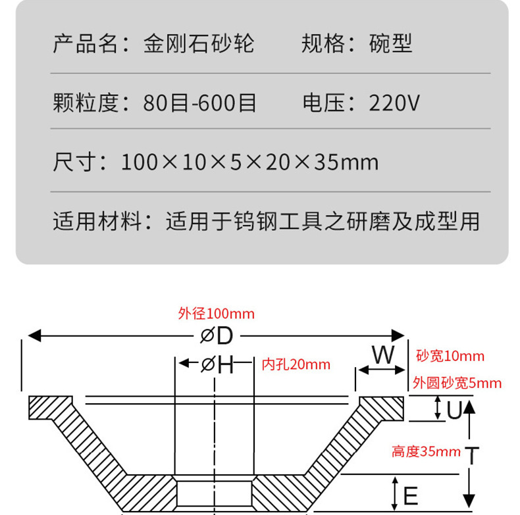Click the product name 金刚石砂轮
point(198,44)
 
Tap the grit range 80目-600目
point(199,103)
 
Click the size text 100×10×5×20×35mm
point(249,162)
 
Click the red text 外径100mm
point(216,314)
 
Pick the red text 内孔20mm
point(296,364)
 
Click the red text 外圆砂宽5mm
point(457,383)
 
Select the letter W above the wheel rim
point(382,355)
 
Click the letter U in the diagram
point(454,410)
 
